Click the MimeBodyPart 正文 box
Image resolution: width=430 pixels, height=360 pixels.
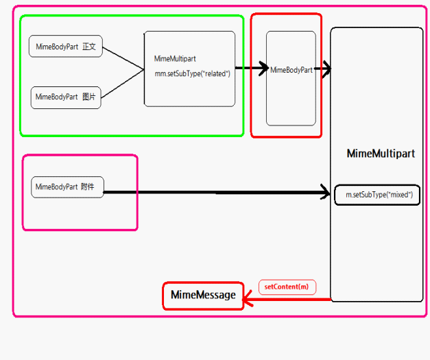(66, 47)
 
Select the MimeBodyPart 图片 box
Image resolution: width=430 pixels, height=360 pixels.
(66, 97)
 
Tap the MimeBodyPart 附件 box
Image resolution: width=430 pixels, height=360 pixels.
(67, 187)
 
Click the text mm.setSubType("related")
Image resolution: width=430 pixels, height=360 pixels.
(192, 73)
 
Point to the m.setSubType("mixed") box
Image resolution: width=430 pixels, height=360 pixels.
(377, 195)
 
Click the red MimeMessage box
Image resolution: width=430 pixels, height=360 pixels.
(203, 296)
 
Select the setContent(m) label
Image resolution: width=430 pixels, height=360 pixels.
(287, 287)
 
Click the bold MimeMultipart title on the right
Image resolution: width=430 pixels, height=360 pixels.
(381, 154)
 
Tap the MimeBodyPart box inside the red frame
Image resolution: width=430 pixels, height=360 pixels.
(291, 70)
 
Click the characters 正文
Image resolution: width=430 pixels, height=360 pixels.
(89, 47)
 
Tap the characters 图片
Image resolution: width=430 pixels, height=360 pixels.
(89, 97)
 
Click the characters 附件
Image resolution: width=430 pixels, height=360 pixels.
(88, 187)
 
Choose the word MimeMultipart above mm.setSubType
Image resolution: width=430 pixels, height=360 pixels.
(175, 59)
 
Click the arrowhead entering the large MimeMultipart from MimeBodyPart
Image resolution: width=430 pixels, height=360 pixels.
(326, 69)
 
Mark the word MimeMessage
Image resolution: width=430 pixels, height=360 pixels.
(203, 296)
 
